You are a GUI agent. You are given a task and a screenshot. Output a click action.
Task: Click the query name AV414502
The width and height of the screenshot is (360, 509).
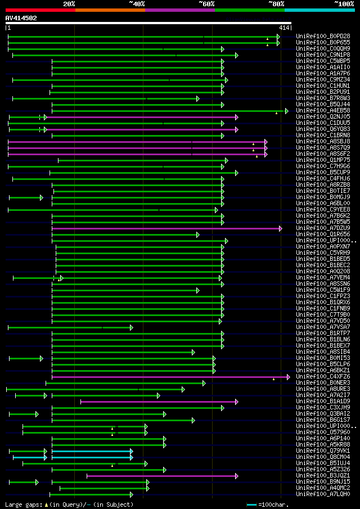click(x=21, y=18)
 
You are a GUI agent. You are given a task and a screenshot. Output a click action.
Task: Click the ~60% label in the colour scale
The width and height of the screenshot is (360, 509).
click(x=206, y=4)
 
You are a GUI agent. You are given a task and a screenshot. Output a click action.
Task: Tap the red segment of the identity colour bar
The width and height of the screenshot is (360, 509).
click(x=40, y=10)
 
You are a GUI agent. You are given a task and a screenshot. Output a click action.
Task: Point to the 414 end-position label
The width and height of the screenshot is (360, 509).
click(x=283, y=28)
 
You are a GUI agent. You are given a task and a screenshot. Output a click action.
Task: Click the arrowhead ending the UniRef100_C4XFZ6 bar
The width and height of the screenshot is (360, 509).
click(x=289, y=377)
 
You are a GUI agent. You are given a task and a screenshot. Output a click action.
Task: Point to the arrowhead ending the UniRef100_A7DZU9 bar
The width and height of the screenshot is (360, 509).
click(x=280, y=228)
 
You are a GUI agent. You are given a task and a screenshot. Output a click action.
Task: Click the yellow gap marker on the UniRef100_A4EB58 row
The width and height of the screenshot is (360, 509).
click(x=276, y=113)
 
